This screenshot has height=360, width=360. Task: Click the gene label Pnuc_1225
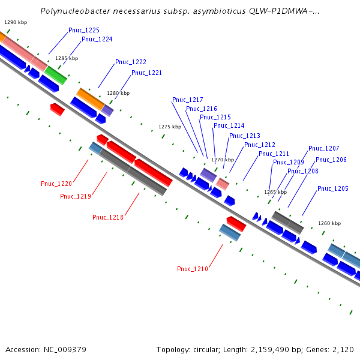84,30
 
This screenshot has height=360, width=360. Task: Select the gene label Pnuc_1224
97,39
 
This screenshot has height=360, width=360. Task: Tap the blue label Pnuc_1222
131,62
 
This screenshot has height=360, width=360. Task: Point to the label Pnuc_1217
187,100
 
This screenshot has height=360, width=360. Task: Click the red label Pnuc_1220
56,184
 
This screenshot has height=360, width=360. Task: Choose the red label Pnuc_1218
108,217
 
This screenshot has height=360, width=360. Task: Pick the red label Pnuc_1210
193,269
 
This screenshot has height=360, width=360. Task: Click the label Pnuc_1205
333,188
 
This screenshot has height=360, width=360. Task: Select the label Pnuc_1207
324,149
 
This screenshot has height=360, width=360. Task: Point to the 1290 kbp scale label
16,22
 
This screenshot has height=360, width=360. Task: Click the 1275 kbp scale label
170,127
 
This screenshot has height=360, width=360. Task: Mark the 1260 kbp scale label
329,223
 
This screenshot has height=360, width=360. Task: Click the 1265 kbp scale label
276,193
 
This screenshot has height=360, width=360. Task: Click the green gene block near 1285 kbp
56,75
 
